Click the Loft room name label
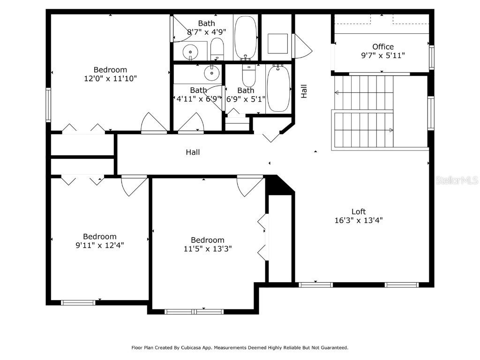coord(359,211)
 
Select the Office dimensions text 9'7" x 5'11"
coord(382,55)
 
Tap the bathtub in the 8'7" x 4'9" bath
coord(245,37)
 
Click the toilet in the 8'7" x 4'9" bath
coord(217,49)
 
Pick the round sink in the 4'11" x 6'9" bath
coord(212,73)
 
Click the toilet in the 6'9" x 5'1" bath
coord(248,75)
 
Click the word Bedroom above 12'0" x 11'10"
coord(110,70)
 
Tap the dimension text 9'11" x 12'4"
coord(100,245)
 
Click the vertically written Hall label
coord(304,91)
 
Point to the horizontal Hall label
coord(193,152)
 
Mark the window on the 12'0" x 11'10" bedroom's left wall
coord(48,105)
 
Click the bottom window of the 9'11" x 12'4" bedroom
coord(78,303)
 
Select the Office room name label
coord(382,46)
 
